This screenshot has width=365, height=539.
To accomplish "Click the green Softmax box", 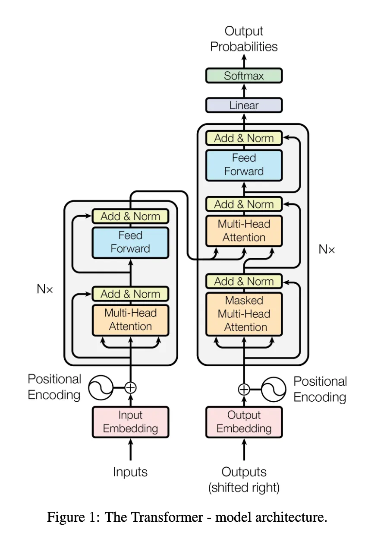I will tap(244, 76).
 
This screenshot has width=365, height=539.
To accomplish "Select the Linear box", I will tap(244, 105).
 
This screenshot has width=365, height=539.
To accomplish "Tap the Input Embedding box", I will tap(130, 422).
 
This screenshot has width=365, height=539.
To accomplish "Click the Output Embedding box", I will tap(244, 422).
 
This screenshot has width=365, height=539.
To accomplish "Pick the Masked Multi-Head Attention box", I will tap(244, 314).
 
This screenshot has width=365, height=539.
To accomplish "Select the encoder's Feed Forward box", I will tap(130, 242).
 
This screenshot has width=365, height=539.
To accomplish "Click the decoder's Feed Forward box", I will tap(244, 165).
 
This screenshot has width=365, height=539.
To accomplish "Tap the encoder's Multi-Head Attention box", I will tap(130, 320).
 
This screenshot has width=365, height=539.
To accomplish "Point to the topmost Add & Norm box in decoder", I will tap(244, 138).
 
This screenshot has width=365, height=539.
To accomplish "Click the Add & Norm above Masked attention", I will tap(244, 281).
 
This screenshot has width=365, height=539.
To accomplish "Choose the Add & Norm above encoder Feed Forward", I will tap(130, 216).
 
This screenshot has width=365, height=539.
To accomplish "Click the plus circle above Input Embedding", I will tap(130, 387).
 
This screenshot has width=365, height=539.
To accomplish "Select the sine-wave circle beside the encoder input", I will tap(101, 387).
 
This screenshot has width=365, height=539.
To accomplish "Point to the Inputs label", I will tap(130, 472).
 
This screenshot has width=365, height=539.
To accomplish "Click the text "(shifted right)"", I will tap(244, 488).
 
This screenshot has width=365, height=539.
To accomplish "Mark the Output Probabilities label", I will tap(244, 39).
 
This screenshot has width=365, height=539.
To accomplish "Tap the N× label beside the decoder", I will tap(327, 249).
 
